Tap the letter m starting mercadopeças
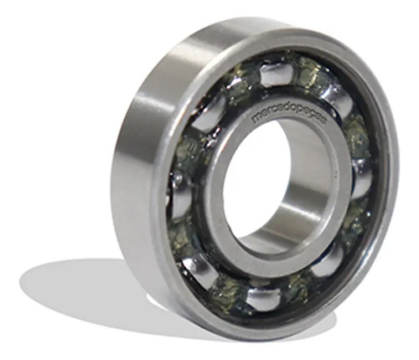(256, 119)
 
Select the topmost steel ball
(275, 74)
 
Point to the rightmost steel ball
(363, 177)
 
